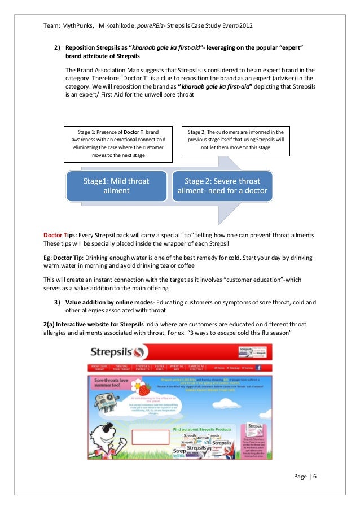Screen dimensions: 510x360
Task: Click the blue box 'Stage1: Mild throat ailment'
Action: coord(116,186)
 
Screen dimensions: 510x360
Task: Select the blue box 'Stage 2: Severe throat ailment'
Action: coord(222,186)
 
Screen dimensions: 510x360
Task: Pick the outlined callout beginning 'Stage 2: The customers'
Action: coord(235,139)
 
